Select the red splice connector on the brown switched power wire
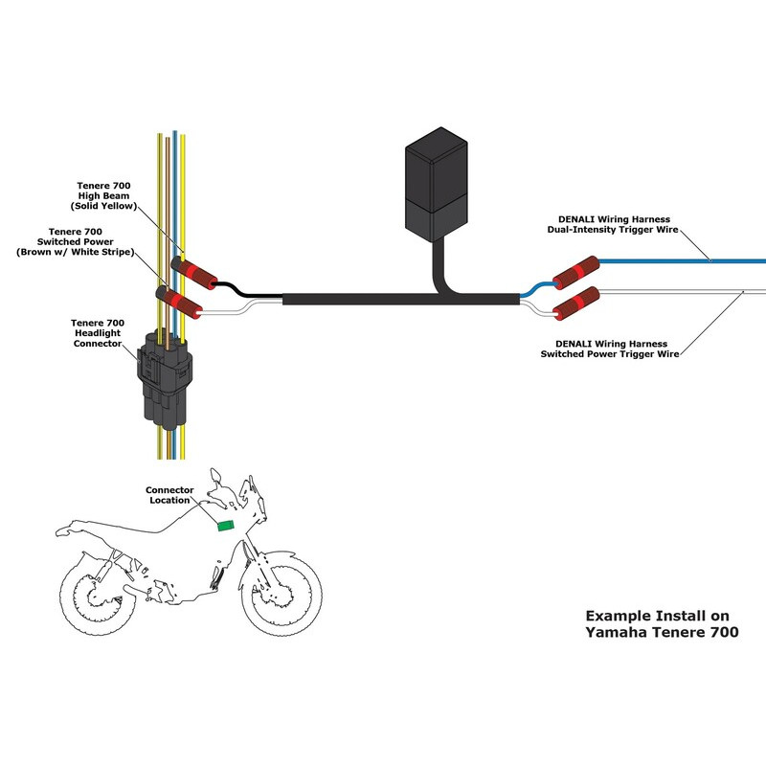[182, 303]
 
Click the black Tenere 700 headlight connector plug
[163, 373]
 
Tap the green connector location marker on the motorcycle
[227, 524]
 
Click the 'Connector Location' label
[169, 494]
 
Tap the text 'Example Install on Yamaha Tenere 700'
[662, 624]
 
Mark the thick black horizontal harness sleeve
[383, 300]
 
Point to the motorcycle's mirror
[219, 475]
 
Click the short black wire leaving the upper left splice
[230, 286]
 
